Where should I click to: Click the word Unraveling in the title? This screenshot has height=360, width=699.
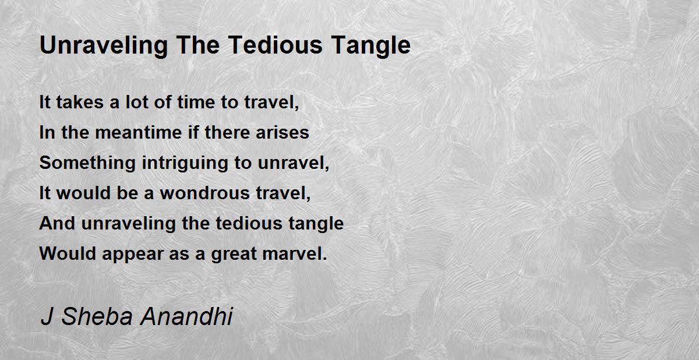click(x=104, y=46)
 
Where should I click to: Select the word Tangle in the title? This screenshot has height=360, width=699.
click(x=371, y=46)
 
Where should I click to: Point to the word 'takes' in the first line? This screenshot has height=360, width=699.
click(x=80, y=102)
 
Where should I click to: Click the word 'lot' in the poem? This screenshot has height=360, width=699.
click(x=136, y=102)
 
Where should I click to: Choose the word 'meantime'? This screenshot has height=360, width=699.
click(x=139, y=132)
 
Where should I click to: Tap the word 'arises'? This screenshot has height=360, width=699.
click(x=283, y=132)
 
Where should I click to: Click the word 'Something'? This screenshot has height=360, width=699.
click(x=87, y=163)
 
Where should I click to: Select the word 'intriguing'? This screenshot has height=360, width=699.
click(x=185, y=163)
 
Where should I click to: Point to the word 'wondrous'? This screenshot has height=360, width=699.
click(x=205, y=193)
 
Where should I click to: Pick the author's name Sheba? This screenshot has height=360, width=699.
click(x=97, y=316)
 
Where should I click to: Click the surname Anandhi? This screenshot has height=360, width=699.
click(x=186, y=316)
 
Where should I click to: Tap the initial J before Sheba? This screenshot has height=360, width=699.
click(x=46, y=316)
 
